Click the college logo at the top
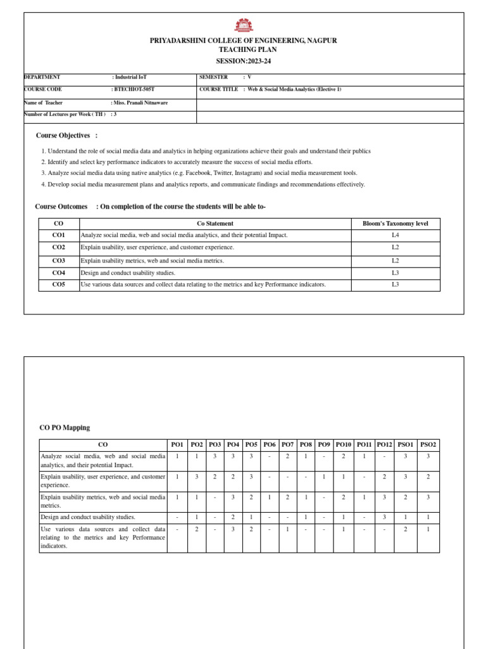pyautogui.click(x=244, y=25)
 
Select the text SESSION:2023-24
pyautogui.click(x=244, y=61)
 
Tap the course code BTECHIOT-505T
pyautogui.click(x=134, y=89)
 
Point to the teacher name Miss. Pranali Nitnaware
pyautogui.click(x=140, y=102)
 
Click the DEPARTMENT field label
pyautogui.click(x=42, y=77)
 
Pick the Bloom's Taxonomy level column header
pyautogui.click(x=395, y=224)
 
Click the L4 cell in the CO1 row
pyautogui.click(x=395, y=235)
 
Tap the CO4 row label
pyautogui.click(x=59, y=273)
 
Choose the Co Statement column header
pyautogui.click(x=215, y=224)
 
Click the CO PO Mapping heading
pyautogui.click(x=65, y=428)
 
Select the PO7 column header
pyautogui.click(x=287, y=445)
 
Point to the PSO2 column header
pyautogui.click(x=428, y=445)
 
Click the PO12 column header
pyautogui.click(x=384, y=445)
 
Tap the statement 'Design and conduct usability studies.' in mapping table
pyautogui.click(x=88, y=517)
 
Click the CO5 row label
pyautogui.click(x=59, y=285)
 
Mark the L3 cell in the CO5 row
pyautogui.click(x=395, y=285)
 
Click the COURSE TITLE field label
pyautogui.click(x=218, y=89)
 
